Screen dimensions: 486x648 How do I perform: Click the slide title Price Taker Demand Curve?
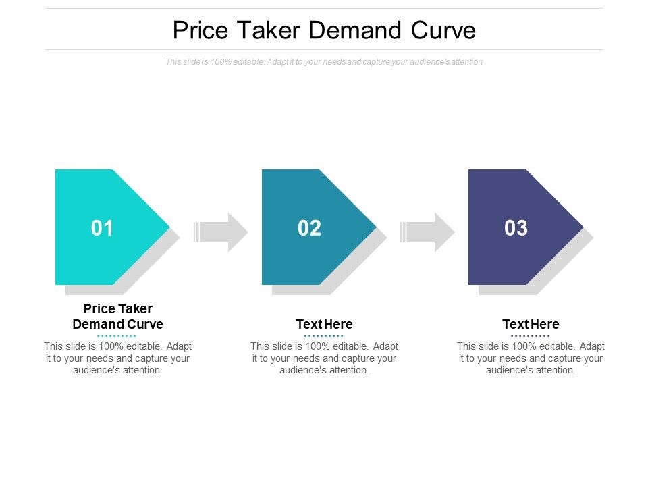tap(324, 30)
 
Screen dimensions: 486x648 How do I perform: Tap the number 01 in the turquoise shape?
tap(103, 228)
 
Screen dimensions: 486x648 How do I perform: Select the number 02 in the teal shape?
tap(309, 228)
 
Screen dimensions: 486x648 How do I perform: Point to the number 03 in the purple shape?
tap(516, 228)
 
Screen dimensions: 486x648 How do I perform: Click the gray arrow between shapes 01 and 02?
tap(221, 232)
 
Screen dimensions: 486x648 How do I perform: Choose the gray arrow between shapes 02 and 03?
tap(428, 232)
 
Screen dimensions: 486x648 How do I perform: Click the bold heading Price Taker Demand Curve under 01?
tap(117, 317)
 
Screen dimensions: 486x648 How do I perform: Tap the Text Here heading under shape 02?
tap(324, 324)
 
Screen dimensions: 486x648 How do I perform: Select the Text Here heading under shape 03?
tap(531, 324)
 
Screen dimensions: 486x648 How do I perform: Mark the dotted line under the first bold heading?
tap(117, 335)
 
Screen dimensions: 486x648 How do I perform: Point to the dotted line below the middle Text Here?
tap(324, 335)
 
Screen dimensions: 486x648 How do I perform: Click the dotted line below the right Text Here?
tap(531, 335)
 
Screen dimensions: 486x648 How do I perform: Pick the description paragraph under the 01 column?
tap(117, 358)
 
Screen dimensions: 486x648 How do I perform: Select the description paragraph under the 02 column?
tap(324, 358)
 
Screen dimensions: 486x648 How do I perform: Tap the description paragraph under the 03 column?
tap(531, 358)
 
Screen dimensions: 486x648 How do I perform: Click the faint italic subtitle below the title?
tap(324, 62)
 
